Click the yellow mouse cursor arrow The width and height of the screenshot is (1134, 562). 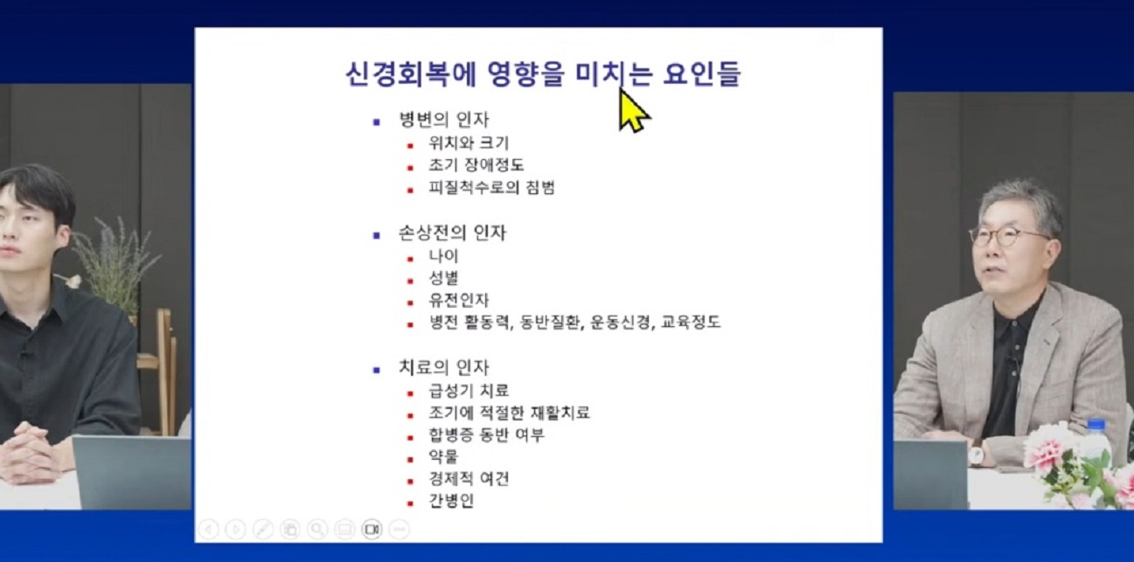(632, 110)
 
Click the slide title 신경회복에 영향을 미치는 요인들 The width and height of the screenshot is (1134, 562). (543, 73)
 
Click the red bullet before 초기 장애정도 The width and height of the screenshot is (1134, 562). (409, 166)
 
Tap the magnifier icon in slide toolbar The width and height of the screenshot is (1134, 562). (317, 529)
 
